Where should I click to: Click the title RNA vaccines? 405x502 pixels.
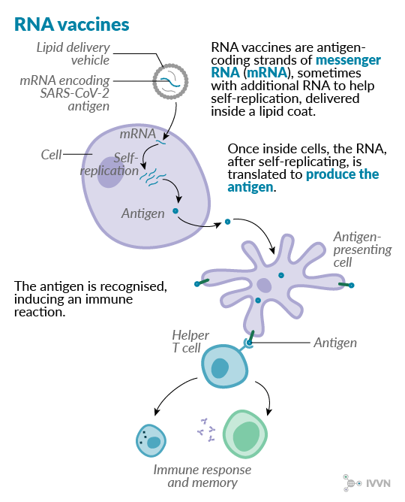click(71, 23)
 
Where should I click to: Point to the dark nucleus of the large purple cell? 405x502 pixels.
click(113, 173)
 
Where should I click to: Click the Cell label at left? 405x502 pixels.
click(51, 155)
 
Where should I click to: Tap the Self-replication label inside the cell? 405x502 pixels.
click(113, 165)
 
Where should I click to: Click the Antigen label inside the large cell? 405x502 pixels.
click(142, 213)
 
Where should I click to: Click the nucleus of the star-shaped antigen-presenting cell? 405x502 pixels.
click(264, 285)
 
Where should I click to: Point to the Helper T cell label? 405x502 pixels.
click(185, 340)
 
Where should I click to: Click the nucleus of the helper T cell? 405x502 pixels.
click(220, 367)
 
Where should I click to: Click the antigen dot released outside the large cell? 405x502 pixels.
click(226, 223)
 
